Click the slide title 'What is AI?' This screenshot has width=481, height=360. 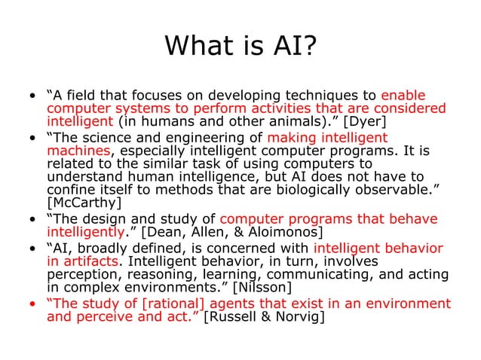click(240, 47)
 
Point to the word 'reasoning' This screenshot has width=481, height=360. click(161, 275)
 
